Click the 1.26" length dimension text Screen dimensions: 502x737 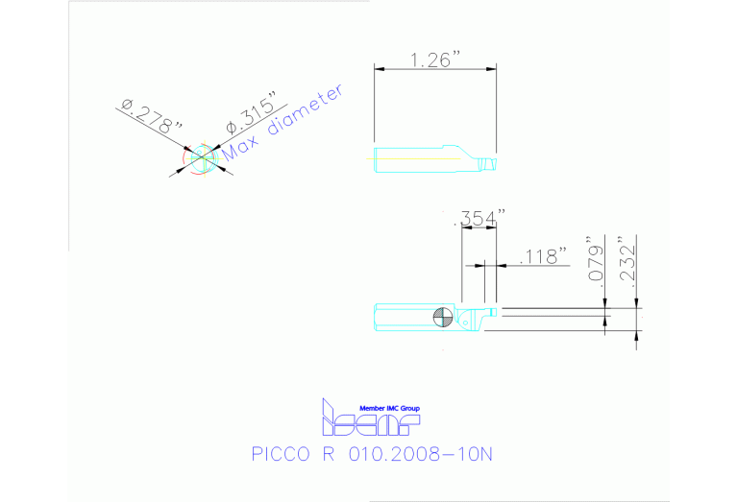pos(434,60)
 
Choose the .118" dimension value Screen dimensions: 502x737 pos(543,255)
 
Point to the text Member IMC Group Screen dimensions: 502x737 pos(388,408)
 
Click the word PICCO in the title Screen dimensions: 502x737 pos(279,453)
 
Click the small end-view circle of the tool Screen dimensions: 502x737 pos(200,159)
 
